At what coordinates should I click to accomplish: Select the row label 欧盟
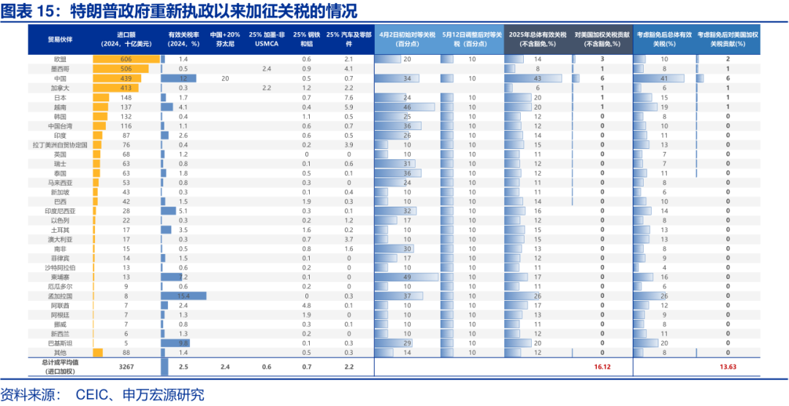60,58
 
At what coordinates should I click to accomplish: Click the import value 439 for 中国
126,78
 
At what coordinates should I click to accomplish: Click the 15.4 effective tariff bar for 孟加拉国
183,296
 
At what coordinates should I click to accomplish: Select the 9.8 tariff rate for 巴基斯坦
183,343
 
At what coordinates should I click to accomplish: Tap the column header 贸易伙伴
60,39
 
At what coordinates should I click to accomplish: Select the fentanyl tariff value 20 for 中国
226,78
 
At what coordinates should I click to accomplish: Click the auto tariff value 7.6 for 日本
348,97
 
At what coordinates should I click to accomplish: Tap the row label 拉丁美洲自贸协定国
60,145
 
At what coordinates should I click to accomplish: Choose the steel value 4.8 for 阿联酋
307,305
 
